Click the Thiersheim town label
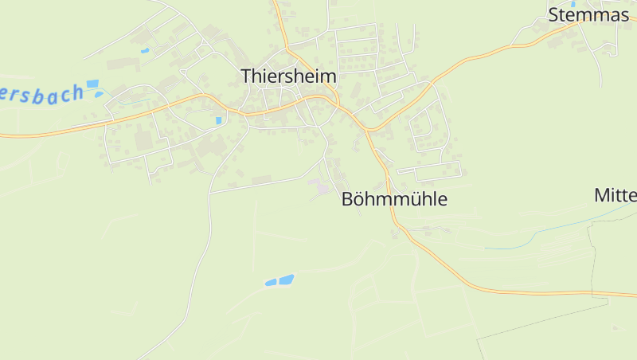[x=288, y=76]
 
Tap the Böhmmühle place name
[x=394, y=199]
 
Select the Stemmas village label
[x=588, y=14]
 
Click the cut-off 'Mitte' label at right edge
[x=616, y=195]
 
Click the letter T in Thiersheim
[x=247, y=76]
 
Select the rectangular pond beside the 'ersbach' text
[x=92, y=83]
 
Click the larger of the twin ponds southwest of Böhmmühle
[x=286, y=280]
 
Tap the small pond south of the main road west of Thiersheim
[x=218, y=120]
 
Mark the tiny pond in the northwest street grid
[x=145, y=51]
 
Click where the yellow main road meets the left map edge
[x=2, y=136]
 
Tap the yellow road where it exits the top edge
[x=275, y=2]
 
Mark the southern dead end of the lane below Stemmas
[x=600, y=85]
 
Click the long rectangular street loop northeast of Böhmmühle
[x=430, y=170]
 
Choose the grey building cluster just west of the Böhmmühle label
[x=320, y=188]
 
